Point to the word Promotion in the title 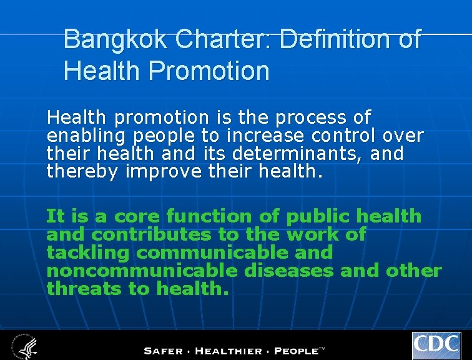210,71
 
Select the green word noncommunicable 142,271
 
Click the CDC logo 436,346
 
